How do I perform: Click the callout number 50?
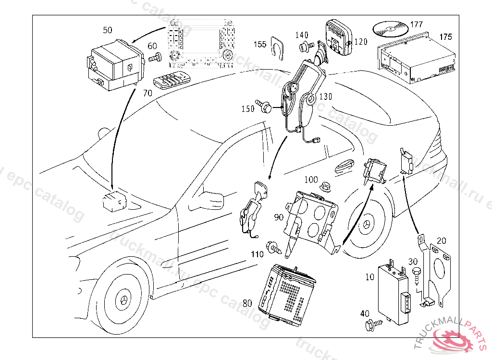108,30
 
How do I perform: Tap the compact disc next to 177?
389,30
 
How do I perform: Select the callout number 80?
247,303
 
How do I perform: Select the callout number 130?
325,96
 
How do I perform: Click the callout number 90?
279,217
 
